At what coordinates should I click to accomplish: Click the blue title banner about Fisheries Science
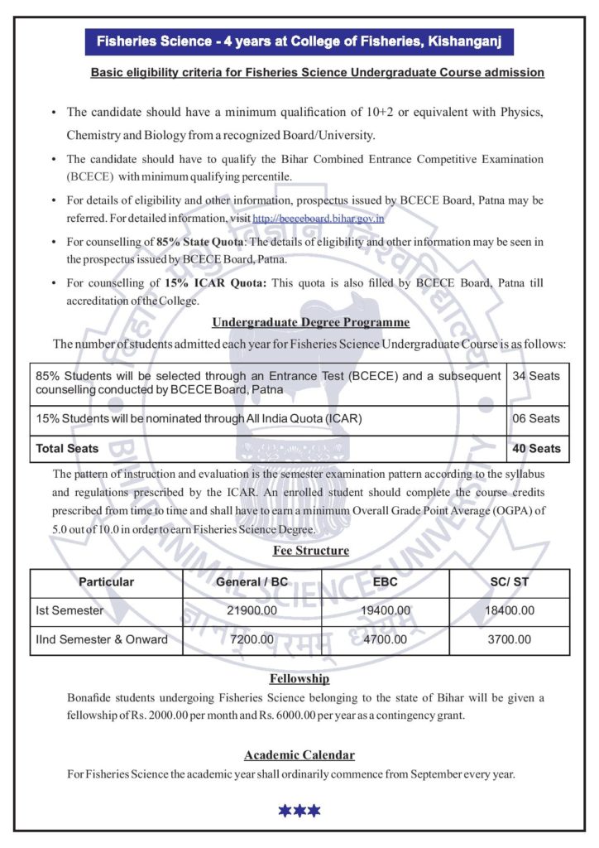coord(299,41)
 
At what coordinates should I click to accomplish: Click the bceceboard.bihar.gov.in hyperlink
coord(319,219)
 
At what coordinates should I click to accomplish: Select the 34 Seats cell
coord(536,376)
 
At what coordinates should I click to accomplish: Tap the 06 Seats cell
coord(536,419)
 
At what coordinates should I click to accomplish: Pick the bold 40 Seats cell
coord(536,449)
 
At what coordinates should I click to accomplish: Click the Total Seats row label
coord(68,449)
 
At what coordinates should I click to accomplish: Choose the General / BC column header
coord(252,582)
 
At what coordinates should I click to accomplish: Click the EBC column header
coord(386,582)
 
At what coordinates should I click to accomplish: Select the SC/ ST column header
coord(510,582)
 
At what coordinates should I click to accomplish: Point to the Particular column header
coord(106,582)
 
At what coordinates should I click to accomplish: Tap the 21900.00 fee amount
coord(252,611)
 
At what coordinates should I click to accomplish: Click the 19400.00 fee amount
coord(386,611)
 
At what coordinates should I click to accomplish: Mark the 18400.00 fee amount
coord(510,611)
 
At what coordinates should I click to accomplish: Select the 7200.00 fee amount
coord(252,639)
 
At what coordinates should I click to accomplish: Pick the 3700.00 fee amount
coord(510,639)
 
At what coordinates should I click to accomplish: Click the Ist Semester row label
coord(69,611)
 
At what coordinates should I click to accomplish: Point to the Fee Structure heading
coord(311,551)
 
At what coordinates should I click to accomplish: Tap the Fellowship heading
coord(299,679)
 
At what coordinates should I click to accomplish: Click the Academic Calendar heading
coord(299,755)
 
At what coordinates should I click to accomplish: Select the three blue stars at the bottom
coord(299,811)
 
